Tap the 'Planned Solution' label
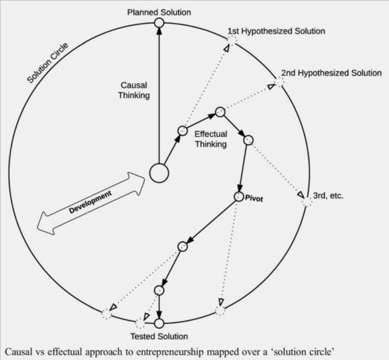click(x=159, y=12)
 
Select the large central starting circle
click(x=159, y=173)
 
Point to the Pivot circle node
click(x=239, y=197)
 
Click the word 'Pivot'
click(x=255, y=197)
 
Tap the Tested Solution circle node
click(x=159, y=323)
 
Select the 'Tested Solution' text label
click(x=159, y=336)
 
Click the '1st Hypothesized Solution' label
click(x=276, y=31)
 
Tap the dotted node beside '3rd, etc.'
click(x=307, y=202)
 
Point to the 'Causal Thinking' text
click(x=135, y=90)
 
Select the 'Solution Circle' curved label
click(x=50, y=62)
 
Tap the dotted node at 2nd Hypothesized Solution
click(x=280, y=81)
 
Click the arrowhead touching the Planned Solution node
click(x=159, y=33)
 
